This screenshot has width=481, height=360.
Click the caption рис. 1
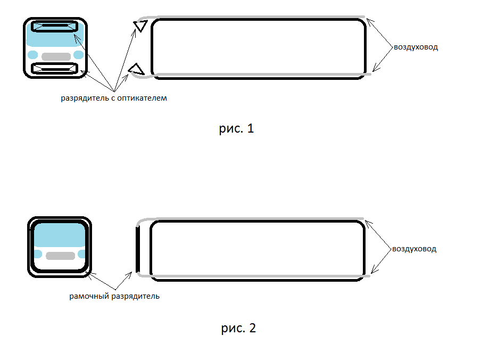(x=236, y=128)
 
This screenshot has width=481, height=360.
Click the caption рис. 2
(x=238, y=328)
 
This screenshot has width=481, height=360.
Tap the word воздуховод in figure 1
(x=416, y=47)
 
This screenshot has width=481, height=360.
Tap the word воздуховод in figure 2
(x=414, y=249)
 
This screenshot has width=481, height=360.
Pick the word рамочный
(x=89, y=297)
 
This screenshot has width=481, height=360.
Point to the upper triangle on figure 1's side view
(x=140, y=26)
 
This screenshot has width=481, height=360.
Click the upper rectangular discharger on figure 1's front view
(x=55, y=27)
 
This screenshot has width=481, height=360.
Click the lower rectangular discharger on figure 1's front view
(x=55, y=69)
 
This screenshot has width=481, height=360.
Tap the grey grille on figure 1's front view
(x=56, y=57)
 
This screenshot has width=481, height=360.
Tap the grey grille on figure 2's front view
(x=61, y=256)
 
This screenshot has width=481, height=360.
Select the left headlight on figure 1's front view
(x=33, y=55)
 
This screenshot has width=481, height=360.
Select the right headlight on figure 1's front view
(x=79, y=55)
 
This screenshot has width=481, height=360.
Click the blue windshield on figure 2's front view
(x=60, y=235)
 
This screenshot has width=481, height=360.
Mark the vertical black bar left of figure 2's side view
(x=138, y=249)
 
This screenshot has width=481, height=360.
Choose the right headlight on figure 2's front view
(x=81, y=254)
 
